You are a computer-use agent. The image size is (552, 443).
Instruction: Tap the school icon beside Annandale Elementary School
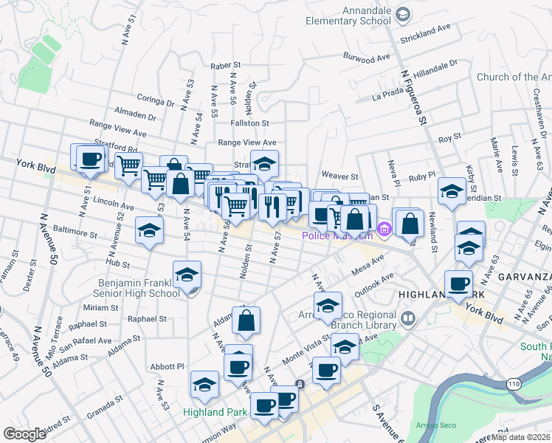coord(403,14)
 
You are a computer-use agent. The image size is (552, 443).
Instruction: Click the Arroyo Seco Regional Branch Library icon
coord(409,319)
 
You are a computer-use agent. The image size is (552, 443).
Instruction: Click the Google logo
coord(24,433)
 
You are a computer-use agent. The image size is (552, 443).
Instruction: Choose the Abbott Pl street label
coord(165,365)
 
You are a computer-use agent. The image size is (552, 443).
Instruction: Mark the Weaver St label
coord(340,177)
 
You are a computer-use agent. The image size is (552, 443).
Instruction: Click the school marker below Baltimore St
coord(149,230)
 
